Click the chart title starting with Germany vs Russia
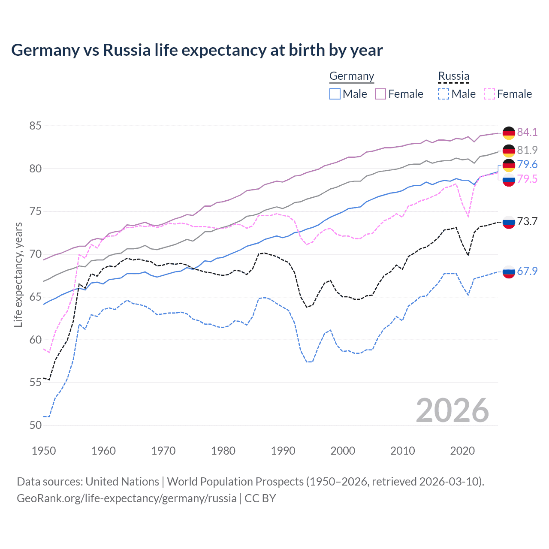(197, 50)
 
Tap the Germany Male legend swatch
(335, 94)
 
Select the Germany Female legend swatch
(380, 94)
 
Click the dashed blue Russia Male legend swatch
(443, 94)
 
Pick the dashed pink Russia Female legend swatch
(489, 94)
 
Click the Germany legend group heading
(352, 76)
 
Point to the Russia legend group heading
(453, 76)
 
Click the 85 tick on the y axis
(36, 126)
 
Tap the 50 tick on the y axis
(36, 425)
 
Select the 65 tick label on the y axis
(36, 297)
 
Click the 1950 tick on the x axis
(44, 451)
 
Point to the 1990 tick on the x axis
(283, 451)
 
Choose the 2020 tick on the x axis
(462, 451)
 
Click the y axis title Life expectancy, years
(18, 274)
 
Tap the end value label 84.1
(527, 132)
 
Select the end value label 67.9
(527, 271)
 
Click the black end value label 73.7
(527, 221)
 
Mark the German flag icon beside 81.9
(509, 151)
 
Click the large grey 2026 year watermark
(452, 410)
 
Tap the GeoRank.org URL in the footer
(127, 498)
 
